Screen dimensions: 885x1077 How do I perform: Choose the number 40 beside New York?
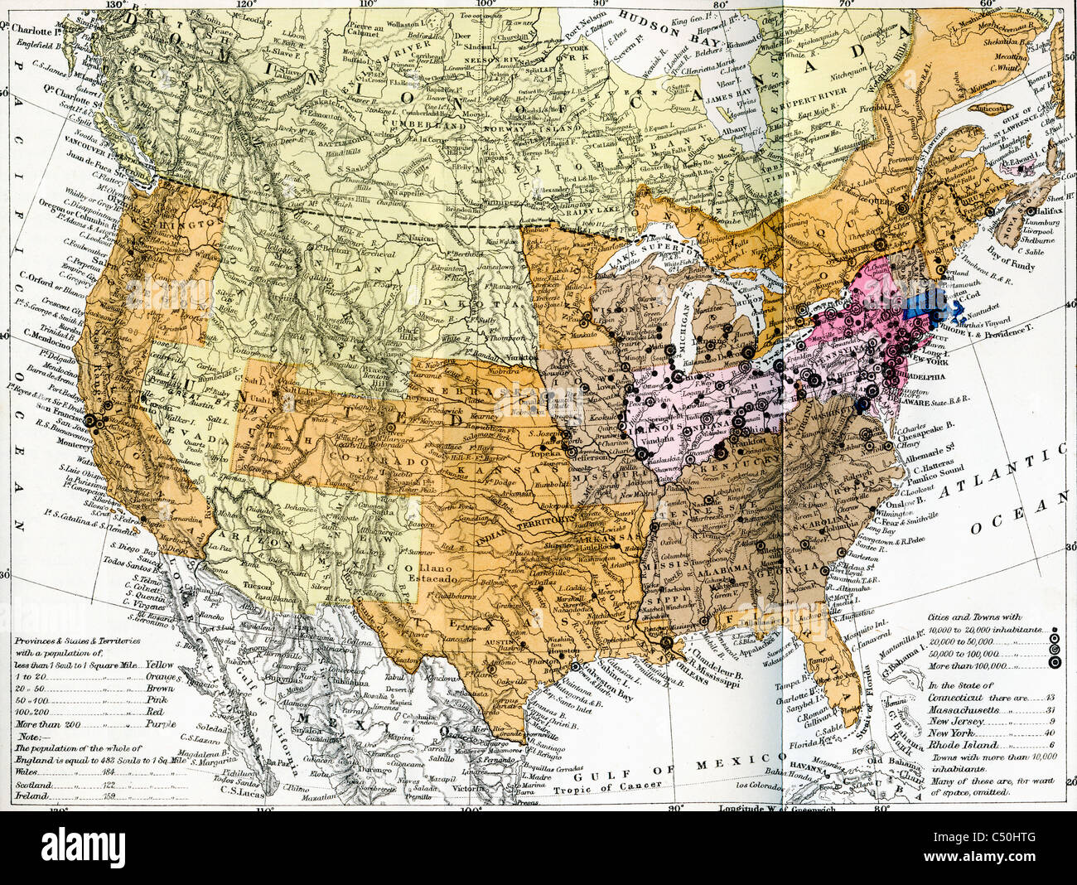coord(1028,733)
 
